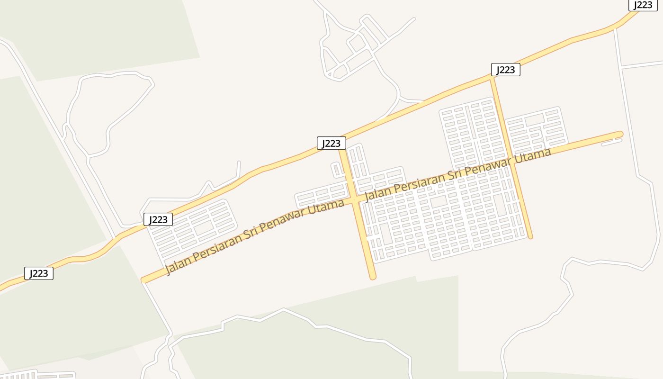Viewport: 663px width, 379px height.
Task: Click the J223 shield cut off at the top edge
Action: click(643, 5)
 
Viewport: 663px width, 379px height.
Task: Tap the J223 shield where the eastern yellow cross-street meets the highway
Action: click(505, 70)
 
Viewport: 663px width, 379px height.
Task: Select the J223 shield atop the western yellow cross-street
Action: click(331, 143)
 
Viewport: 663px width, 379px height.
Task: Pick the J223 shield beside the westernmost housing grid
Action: click(158, 219)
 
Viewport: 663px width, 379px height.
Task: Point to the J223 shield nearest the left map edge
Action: click(39, 273)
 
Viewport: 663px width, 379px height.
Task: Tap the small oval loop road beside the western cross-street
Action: click(336, 170)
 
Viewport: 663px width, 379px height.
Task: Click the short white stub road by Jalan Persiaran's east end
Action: click(611, 142)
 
